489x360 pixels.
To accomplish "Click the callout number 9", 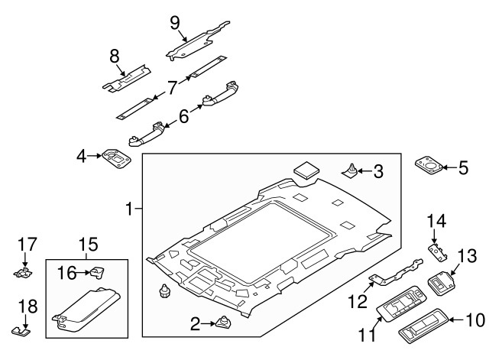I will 175,21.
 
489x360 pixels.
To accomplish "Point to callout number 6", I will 183,116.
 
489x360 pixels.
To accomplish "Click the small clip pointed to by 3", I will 351,171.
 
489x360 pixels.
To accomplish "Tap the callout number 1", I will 131,208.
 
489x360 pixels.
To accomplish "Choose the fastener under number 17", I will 27,271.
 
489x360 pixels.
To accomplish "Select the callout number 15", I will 88,245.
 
